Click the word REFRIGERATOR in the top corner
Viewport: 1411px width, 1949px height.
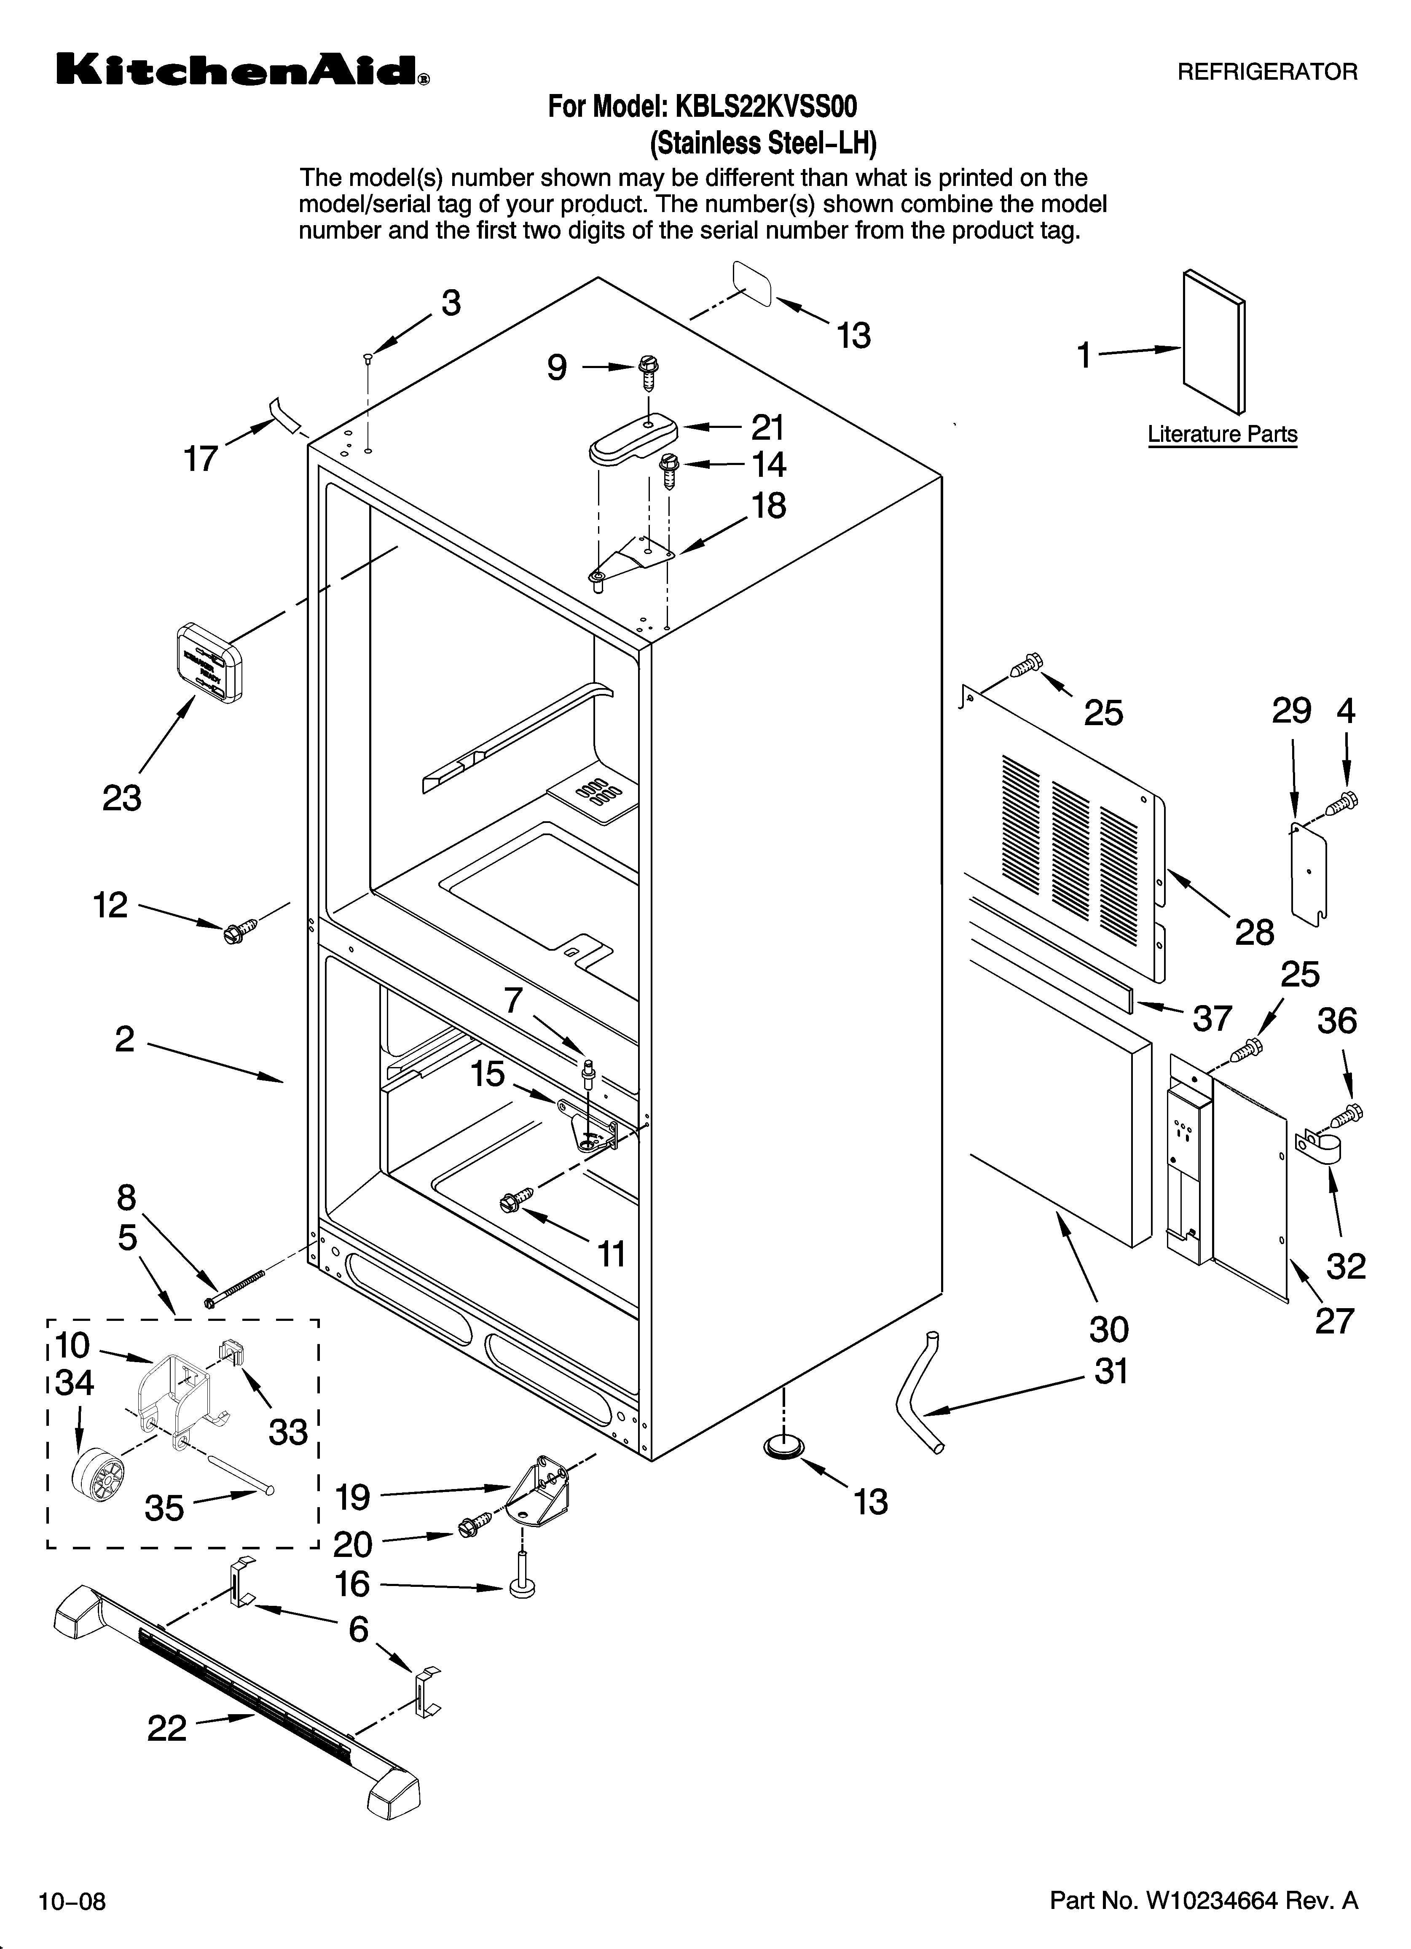click(1266, 72)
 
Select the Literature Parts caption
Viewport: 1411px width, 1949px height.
click(1222, 435)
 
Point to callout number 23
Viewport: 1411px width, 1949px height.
click(122, 798)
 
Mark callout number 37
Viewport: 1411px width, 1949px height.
click(1212, 1018)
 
